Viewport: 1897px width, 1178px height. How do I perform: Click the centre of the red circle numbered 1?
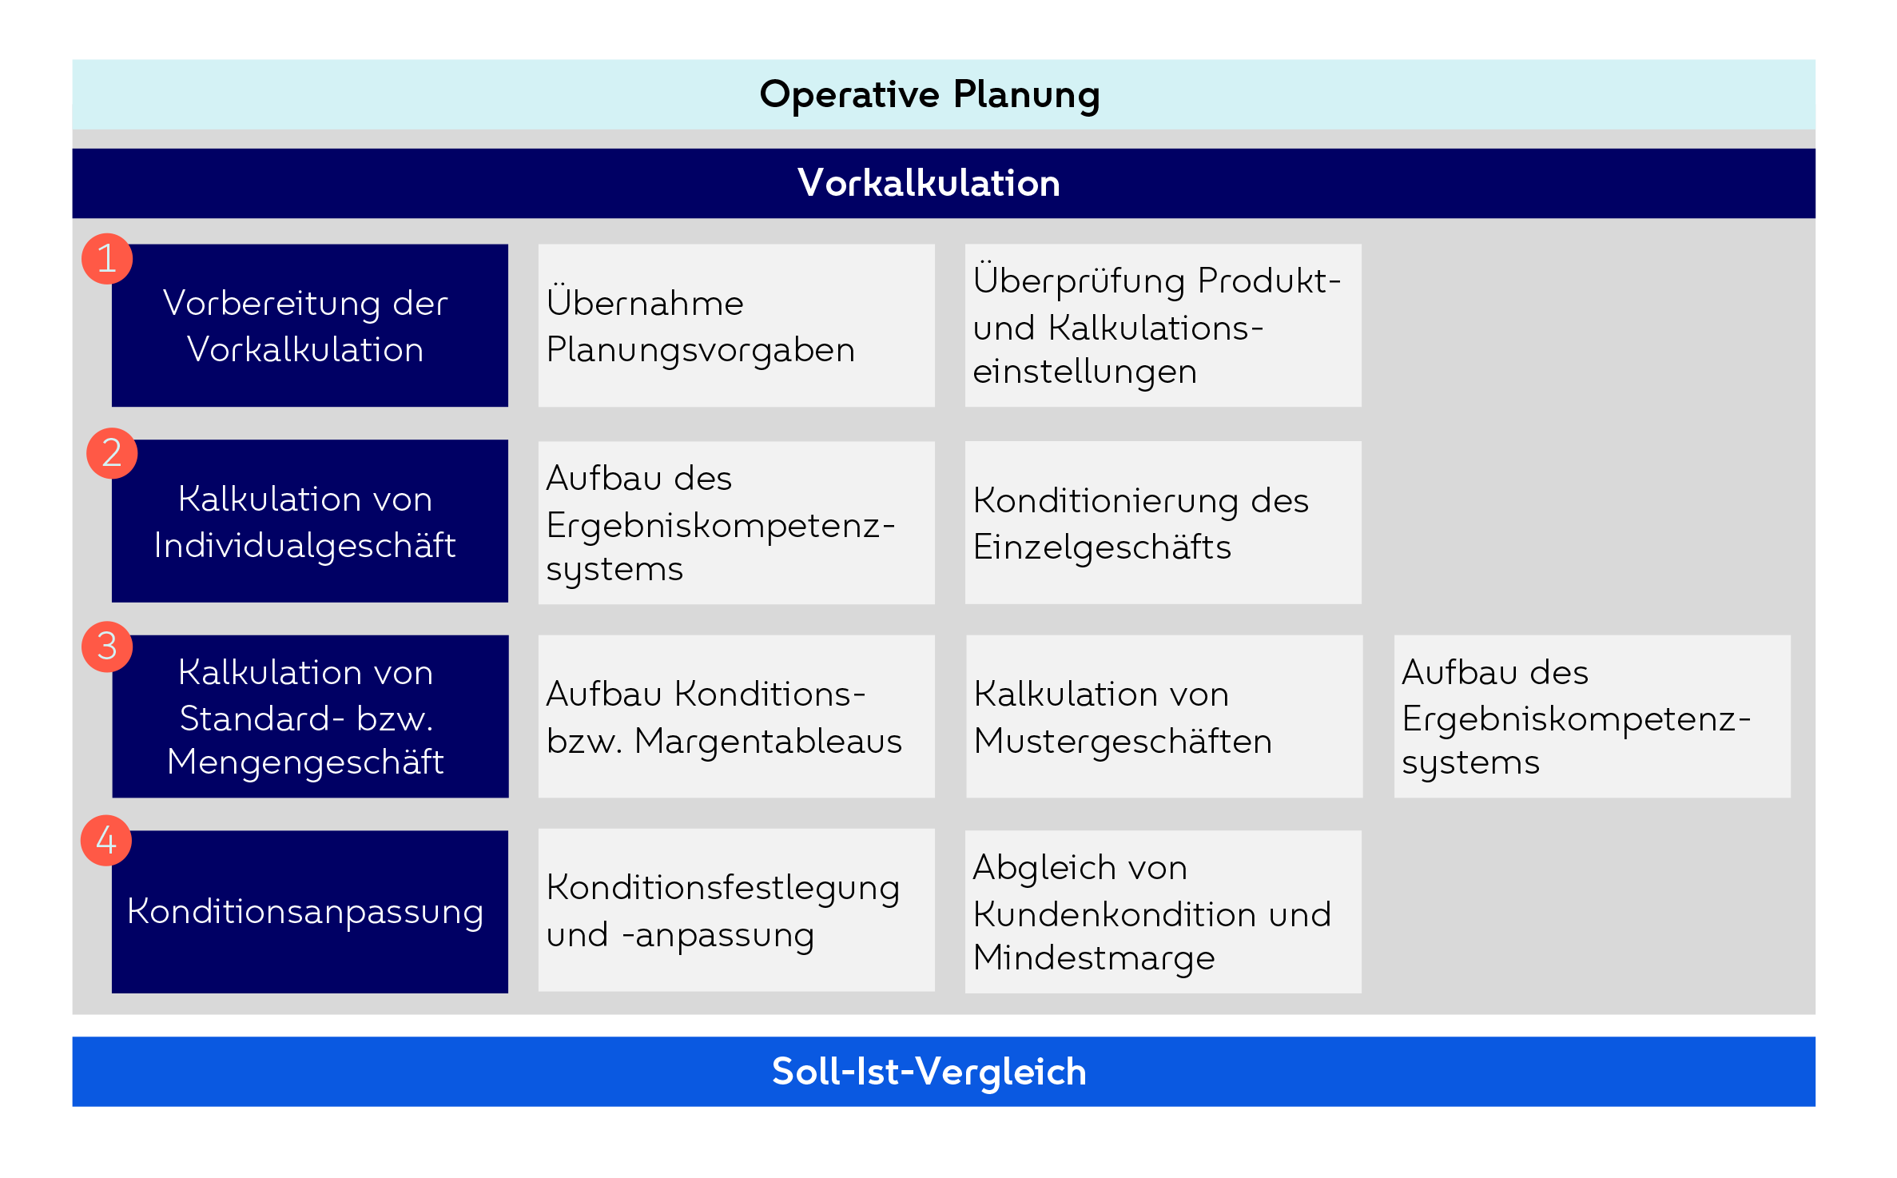(x=107, y=259)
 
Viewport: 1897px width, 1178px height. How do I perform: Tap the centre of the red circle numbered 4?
(x=106, y=841)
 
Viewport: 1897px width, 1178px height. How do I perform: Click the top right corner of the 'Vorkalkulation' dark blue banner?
(x=1815, y=149)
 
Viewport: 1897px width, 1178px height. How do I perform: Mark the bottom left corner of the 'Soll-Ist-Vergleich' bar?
(x=73, y=1106)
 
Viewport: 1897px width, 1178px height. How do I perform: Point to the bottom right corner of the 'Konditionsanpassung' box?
(x=508, y=993)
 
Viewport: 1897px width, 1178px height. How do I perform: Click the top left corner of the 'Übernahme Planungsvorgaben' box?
(x=539, y=245)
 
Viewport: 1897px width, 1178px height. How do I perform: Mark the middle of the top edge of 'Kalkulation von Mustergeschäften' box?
(x=1164, y=635)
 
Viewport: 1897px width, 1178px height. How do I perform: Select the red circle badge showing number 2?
(x=112, y=453)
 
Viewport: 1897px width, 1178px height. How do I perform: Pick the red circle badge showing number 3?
(x=107, y=647)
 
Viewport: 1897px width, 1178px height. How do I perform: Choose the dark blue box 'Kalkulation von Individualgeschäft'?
(x=310, y=521)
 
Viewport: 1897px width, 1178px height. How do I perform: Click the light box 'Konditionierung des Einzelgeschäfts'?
(x=1163, y=523)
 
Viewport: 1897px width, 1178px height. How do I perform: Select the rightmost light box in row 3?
(x=1593, y=716)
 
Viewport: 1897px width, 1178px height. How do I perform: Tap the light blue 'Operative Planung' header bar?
(x=944, y=94)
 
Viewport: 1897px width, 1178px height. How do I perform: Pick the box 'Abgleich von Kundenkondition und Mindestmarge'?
(x=1163, y=912)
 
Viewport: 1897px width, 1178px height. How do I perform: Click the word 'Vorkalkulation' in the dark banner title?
(x=929, y=183)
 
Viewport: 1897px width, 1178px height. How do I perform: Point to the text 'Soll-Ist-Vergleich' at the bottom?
(x=929, y=1072)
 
